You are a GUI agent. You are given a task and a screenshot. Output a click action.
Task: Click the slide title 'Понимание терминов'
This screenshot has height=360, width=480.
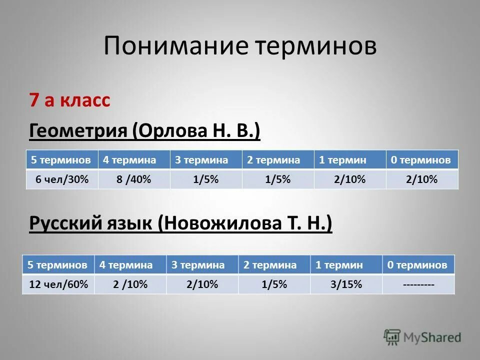[240, 46]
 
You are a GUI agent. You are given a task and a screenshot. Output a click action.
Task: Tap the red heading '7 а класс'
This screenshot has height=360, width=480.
[69, 100]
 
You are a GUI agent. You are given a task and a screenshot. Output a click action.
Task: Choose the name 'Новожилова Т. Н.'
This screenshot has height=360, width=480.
[245, 223]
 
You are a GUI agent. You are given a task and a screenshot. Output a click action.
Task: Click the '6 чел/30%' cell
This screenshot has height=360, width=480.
[62, 179]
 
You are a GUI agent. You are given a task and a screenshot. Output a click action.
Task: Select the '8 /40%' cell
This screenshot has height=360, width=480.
[133, 179]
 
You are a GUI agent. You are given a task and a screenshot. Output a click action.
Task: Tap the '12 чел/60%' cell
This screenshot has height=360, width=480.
[58, 284]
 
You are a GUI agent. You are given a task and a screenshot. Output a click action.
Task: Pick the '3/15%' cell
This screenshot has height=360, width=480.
[346, 284]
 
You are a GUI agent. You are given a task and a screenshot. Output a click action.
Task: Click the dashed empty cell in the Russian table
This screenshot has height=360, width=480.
[418, 284]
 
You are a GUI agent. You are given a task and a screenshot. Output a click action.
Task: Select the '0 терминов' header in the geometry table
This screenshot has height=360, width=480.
[421, 160]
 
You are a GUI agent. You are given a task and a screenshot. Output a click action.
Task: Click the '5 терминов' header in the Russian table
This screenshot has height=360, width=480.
[58, 264]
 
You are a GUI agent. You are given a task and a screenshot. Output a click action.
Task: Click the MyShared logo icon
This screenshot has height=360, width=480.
[392, 337]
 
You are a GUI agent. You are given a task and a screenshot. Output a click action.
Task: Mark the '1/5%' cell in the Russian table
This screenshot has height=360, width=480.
[274, 284]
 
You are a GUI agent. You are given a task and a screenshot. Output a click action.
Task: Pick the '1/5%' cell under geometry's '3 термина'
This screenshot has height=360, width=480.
[205, 179]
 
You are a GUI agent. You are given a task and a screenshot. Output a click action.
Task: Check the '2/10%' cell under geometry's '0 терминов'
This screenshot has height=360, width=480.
[422, 179]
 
